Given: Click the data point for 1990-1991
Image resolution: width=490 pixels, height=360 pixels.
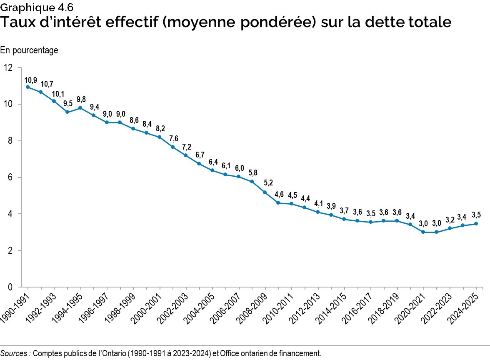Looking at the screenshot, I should [x=27, y=87].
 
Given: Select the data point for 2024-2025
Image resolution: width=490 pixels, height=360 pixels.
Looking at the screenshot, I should [x=476, y=224].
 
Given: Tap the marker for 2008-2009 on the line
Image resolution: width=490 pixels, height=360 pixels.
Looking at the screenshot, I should [x=265, y=192].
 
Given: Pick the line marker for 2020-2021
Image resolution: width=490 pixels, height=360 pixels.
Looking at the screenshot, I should [x=423, y=232].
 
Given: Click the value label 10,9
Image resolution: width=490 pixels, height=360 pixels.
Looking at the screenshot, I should [x=31, y=80].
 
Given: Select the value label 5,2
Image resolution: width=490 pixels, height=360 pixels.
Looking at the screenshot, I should [x=268, y=183].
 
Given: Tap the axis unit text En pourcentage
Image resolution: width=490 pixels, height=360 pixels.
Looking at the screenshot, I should [x=29, y=50].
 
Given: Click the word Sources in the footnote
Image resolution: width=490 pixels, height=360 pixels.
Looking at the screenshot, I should [x=15, y=353].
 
